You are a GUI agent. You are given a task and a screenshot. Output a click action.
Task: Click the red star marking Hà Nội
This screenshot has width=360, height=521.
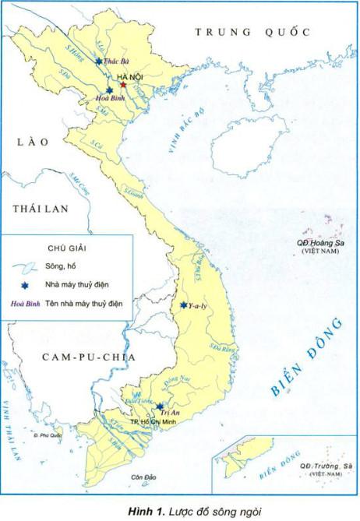[x=122, y=84]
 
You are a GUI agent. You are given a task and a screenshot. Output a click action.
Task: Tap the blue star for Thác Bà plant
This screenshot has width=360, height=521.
[x=98, y=62]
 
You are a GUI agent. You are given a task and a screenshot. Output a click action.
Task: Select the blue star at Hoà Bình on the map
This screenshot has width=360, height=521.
[x=110, y=91]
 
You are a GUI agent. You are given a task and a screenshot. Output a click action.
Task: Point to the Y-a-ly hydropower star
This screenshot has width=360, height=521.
[x=182, y=305]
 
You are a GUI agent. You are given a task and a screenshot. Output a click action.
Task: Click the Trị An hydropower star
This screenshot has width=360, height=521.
[x=159, y=406]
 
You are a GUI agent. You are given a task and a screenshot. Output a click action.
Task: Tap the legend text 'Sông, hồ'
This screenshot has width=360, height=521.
[x=62, y=266]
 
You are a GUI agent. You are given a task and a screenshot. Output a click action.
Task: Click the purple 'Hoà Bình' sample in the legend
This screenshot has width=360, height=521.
[x=26, y=302]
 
